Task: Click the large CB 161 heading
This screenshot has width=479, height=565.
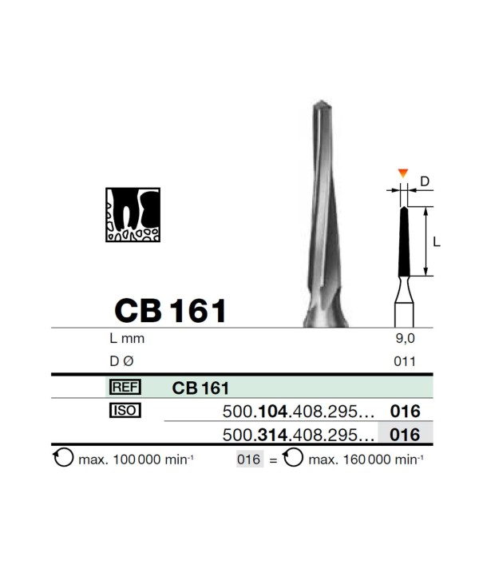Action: (x=170, y=311)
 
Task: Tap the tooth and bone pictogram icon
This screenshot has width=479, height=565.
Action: (x=133, y=214)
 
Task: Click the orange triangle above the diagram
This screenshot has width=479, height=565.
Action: (x=403, y=173)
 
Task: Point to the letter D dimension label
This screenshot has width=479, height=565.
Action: (x=425, y=181)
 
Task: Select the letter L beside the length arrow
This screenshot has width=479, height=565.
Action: (x=436, y=242)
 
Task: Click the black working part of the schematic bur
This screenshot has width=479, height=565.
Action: (x=404, y=241)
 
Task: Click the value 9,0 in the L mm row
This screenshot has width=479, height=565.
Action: (x=405, y=338)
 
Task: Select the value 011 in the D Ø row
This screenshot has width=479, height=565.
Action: (x=405, y=361)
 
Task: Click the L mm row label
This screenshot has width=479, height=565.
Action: (x=127, y=338)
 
